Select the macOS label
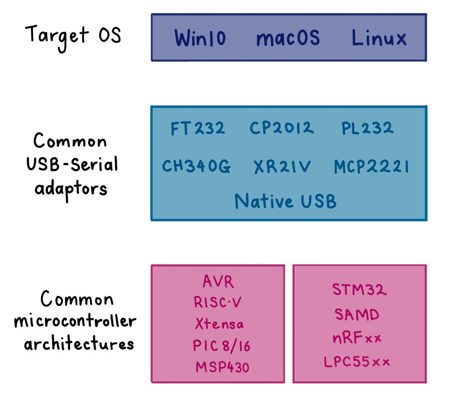tap(288, 39)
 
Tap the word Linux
tap(379, 38)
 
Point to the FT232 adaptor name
tap(197, 128)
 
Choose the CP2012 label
tap(282, 128)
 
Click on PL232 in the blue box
tap(367, 128)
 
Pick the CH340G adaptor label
tap(196, 167)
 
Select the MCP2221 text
tap(371, 167)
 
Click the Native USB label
tap(285, 201)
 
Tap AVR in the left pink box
tap(218, 282)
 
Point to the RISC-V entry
tap(218, 303)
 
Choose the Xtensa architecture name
tap(219, 324)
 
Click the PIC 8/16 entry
tap(220, 345)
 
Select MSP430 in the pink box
tap(222, 367)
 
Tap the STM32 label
tap(360, 290)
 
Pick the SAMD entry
tap(357, 315)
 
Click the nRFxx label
tap(357, 338)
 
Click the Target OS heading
tap(73, 36)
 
